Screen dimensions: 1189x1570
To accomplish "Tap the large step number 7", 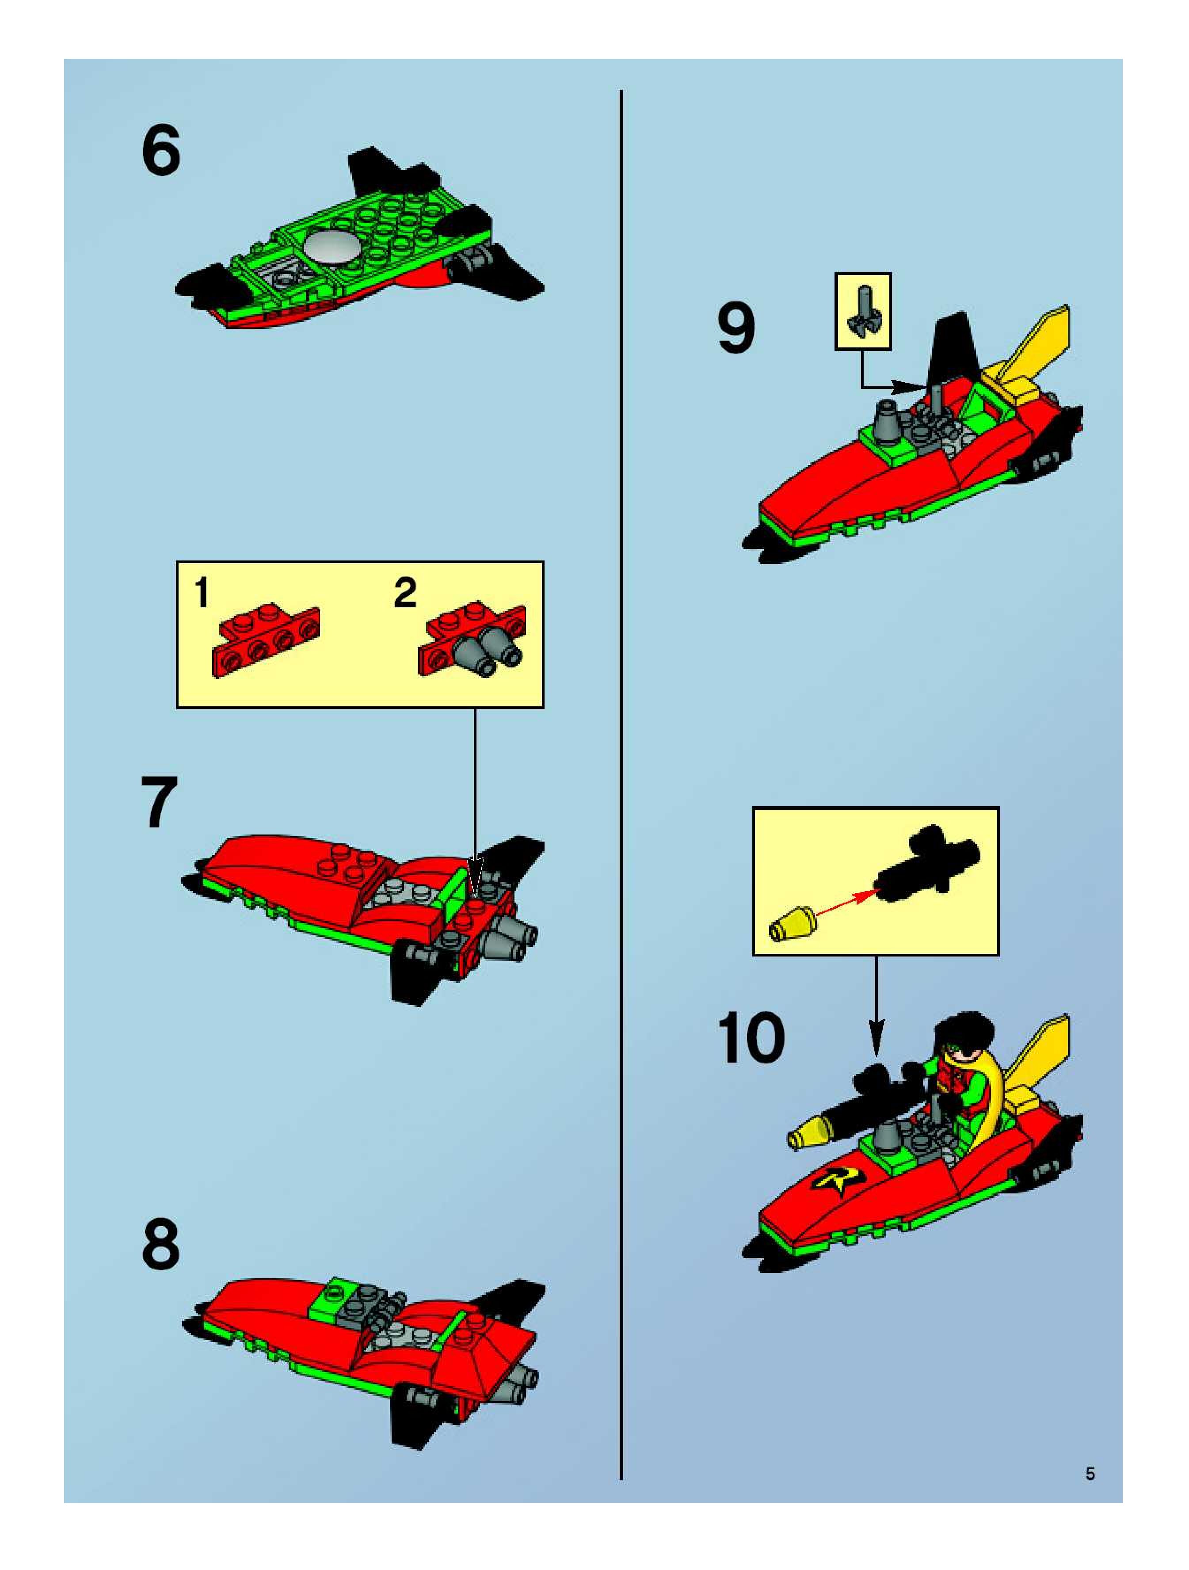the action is tap(160, 802).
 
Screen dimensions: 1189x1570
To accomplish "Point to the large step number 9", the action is tap(736, 327).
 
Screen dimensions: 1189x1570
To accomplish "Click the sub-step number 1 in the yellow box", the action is tap(202, 593).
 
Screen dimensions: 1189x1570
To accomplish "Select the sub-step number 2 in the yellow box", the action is tap(405, 593).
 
